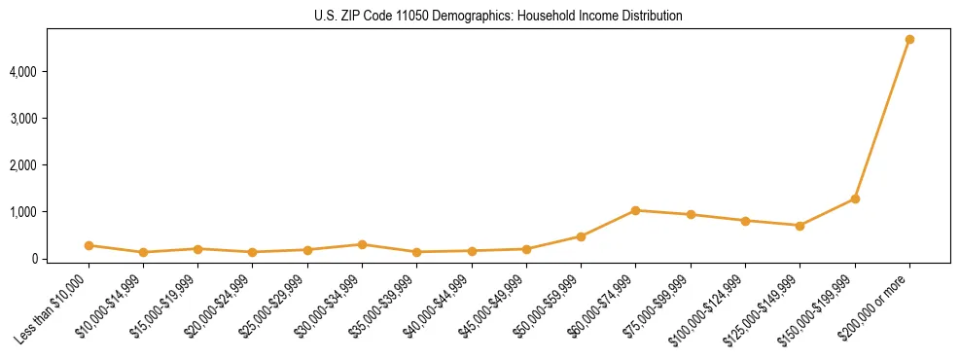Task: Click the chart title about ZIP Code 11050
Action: (x=499, y=17)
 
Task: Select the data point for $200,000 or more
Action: (x=909, y=40)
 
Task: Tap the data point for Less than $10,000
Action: (x=89, y=245)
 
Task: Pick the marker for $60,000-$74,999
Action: (x=635, y=210)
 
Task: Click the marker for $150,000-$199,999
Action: (x=855, y=198)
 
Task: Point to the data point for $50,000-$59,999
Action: (x=581, y=236)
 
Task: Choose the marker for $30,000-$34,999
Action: (x=362, y=244)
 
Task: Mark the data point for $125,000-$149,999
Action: (x=800, y=226)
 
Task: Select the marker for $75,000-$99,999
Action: (x=691, y=215)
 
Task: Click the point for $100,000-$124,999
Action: (x=745, y=221)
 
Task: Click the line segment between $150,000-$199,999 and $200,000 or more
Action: (x=882, y=119)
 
